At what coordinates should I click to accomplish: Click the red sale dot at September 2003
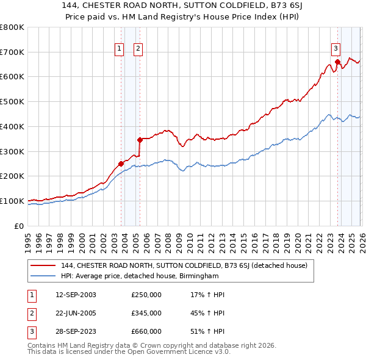(x=121, y=164)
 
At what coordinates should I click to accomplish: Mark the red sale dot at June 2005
(x=140, y=140)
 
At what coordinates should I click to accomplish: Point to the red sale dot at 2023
(x=337, y=62)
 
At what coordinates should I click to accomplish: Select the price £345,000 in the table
(x=146, y=313)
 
